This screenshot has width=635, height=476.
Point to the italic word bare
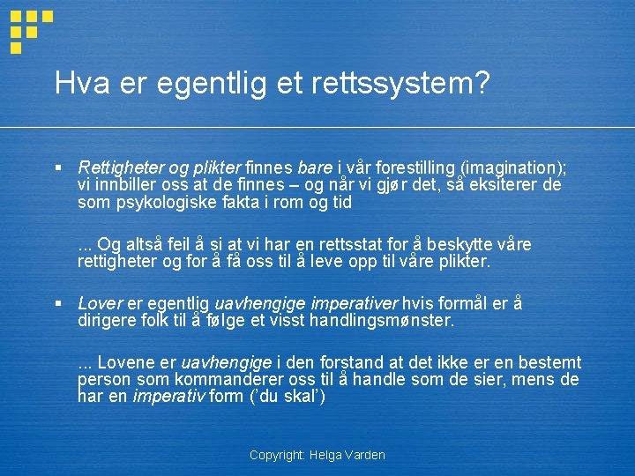coord(315,168)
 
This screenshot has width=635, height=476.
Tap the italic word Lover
coord(100,303)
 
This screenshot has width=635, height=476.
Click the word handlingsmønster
coord(381,320)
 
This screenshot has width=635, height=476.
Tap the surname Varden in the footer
coord(366,456)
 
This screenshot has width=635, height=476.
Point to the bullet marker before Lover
coord(58,302)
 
